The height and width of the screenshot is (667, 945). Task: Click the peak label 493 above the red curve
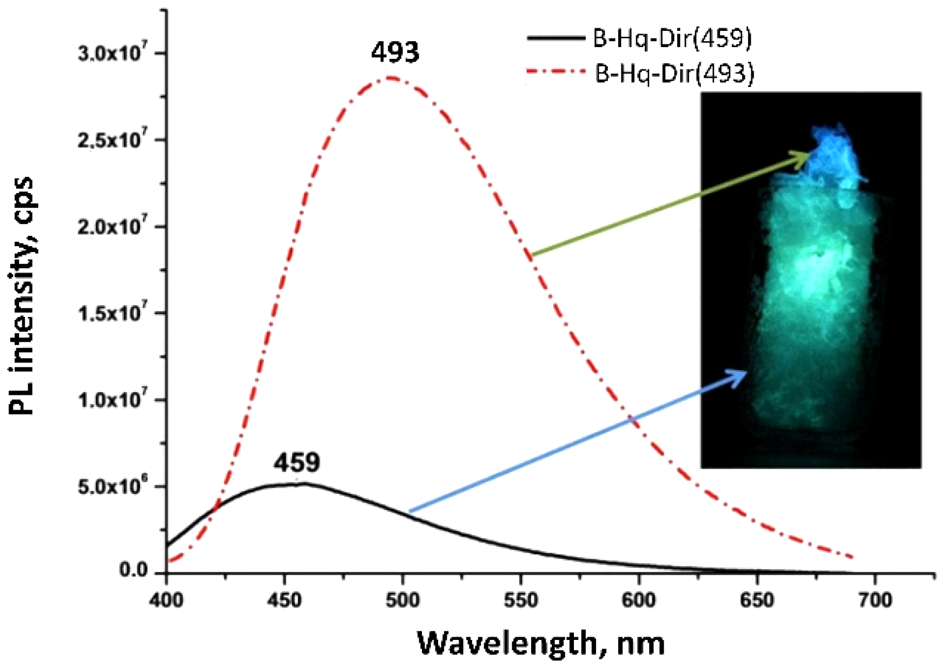[x=395, y=52]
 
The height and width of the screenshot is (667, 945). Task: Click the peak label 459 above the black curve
[x=296, y=463]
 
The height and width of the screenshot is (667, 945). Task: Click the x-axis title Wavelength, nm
[x=540, y=643]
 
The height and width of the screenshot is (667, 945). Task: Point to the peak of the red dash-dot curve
[x=391, y=78]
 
